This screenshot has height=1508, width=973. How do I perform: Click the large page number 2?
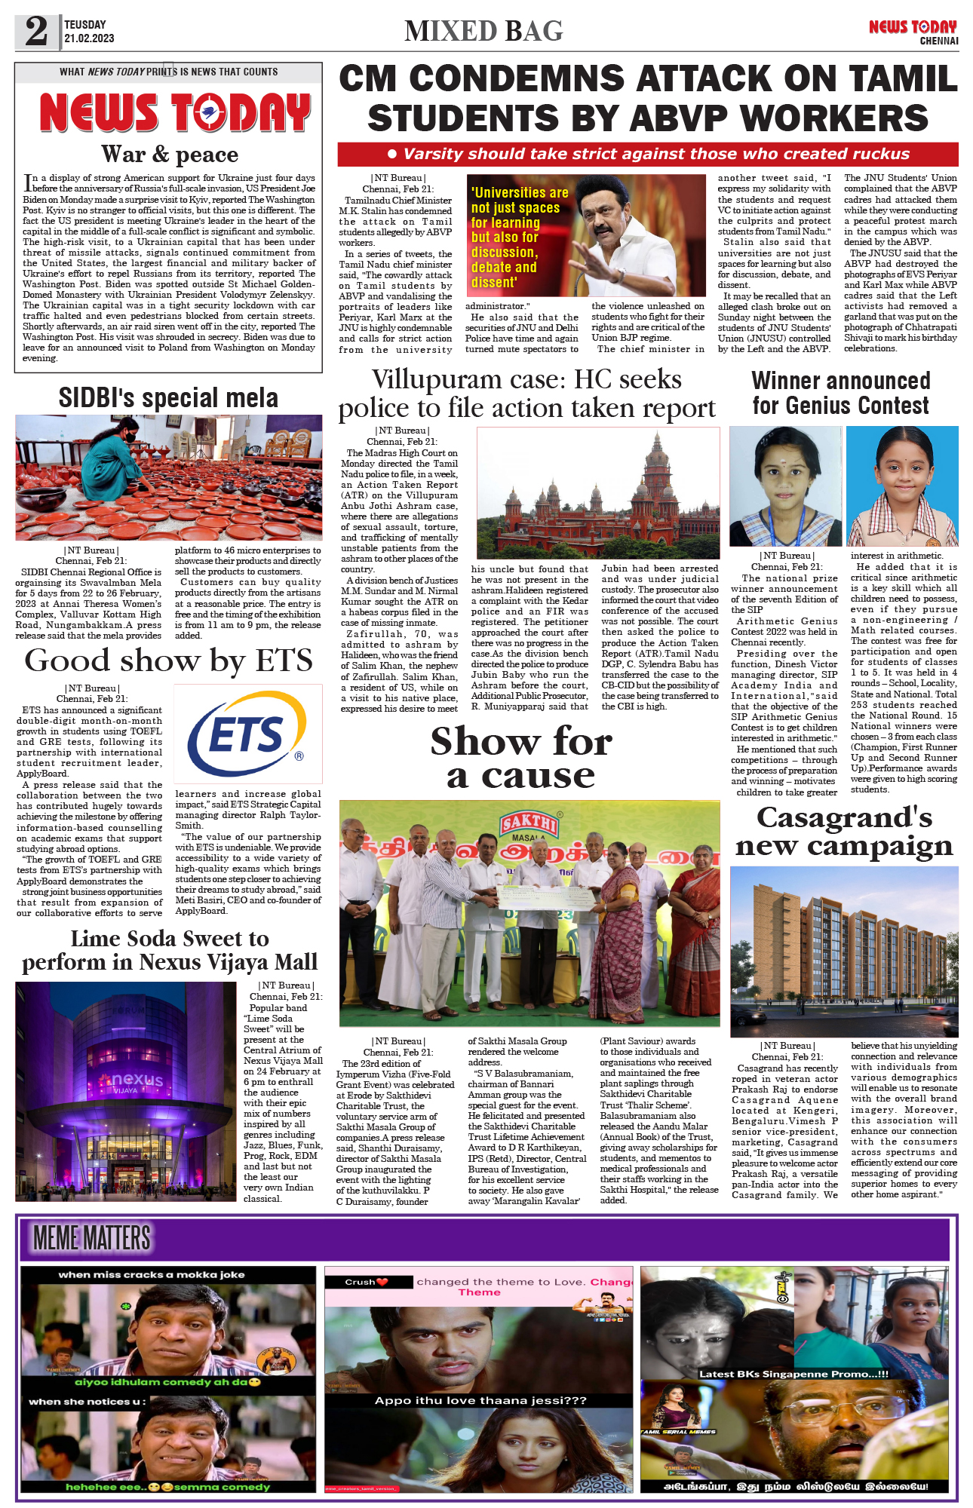pos(36,32)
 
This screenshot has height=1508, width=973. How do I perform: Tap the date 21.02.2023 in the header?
pos(89,38)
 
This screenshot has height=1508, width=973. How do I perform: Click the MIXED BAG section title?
pos(483,31)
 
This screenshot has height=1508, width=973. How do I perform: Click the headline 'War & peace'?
pos(170,155)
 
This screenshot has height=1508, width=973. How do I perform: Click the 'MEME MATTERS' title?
pos(92,1238)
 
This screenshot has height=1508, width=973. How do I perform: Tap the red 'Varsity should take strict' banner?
pos(647,154)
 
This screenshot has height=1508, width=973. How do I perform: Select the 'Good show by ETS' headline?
pos(168,661)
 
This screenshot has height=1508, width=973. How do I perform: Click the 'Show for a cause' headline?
pos(521,758)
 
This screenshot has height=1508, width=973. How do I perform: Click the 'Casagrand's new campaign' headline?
pos(844,832)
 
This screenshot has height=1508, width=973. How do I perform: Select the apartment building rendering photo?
pos(844,951)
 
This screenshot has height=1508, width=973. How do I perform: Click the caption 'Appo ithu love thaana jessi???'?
pos(480,1400)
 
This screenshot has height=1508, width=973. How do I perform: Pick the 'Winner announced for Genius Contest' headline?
pos(841,393)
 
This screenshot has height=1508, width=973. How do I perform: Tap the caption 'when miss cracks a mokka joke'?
pos(152,1274)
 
